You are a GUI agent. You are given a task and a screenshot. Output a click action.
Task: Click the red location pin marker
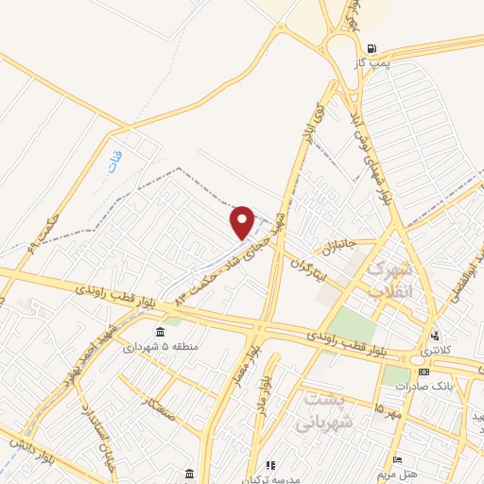point(243,222)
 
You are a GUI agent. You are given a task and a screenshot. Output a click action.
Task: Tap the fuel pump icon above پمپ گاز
point(372,48)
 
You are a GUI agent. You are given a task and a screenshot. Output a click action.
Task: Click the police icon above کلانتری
point(436,336)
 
